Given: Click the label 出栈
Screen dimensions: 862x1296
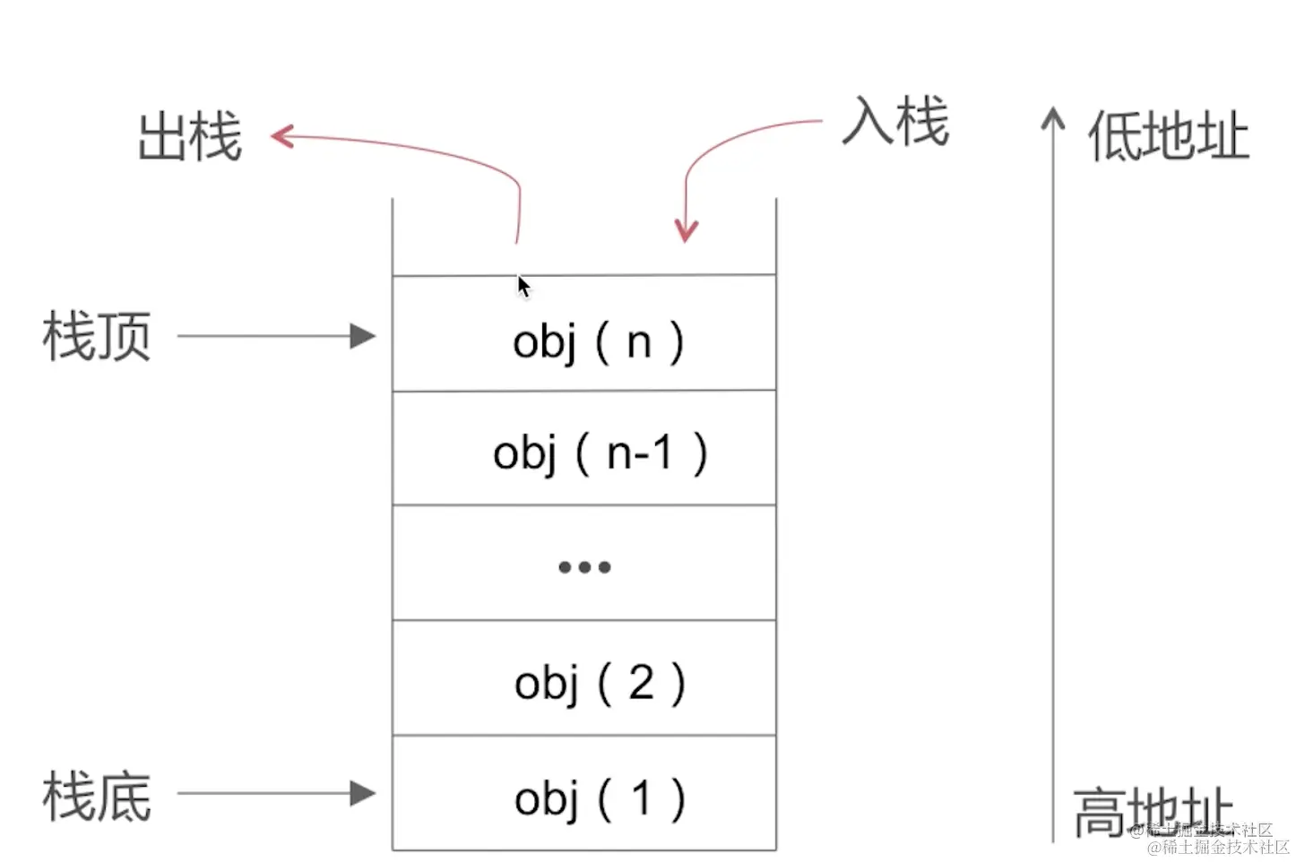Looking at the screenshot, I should (x=190, y=137).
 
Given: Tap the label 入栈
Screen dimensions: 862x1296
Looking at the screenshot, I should (x=894, y=122).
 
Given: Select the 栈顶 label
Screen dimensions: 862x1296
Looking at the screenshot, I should (x=97, y=337).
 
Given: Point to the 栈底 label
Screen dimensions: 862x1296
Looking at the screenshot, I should (x=97, y=796).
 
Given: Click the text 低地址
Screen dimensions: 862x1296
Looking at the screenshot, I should (x=1168, y=137).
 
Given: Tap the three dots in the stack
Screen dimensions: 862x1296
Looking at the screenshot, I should (x=584, y=566).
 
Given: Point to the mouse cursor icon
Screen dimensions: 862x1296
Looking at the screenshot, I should (x=523, y=287).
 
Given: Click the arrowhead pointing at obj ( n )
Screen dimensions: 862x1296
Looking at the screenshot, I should (x=363, y=336).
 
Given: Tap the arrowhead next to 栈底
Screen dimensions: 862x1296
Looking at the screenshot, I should (x=363, y=793).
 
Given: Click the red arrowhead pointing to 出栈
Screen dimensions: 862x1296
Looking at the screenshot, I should (x=282, y=136).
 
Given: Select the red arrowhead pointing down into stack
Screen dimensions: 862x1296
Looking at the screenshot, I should (x=686, y=231).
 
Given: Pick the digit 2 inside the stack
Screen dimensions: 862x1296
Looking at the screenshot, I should (x=640, y=683).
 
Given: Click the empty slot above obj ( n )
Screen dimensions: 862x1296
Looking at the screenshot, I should (x=584, y=237).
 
